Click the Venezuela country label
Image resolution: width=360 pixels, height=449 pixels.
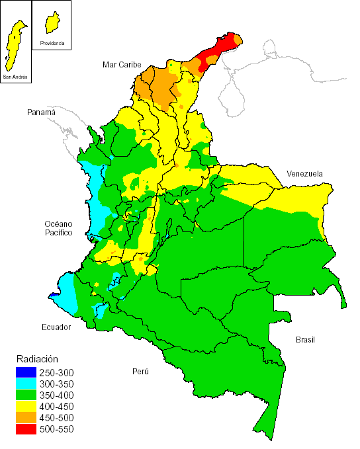tap(304, 173)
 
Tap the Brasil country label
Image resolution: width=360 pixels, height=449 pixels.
tap(305, 339)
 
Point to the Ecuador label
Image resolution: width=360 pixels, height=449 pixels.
tap(56, 326)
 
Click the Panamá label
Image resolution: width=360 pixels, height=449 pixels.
tap(41, 112)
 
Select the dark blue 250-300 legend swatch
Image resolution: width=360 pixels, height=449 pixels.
tap(26, 372)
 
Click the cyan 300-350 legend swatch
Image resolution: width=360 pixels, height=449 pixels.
tap(26, 384)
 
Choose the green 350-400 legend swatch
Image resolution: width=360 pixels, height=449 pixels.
tap(26, 395)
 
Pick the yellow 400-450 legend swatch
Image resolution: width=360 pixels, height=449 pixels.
tap(26, 406)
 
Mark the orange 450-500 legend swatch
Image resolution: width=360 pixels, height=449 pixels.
tap(26, 417)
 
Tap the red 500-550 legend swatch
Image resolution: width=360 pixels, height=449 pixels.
tap(26, 429)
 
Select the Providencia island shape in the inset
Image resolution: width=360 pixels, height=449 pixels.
tap(50, 23)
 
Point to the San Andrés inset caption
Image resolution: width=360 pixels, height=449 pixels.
tap(15, 77)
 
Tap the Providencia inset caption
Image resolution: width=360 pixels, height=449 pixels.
tap(52, 43)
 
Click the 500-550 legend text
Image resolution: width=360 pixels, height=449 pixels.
tap(56, 429)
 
